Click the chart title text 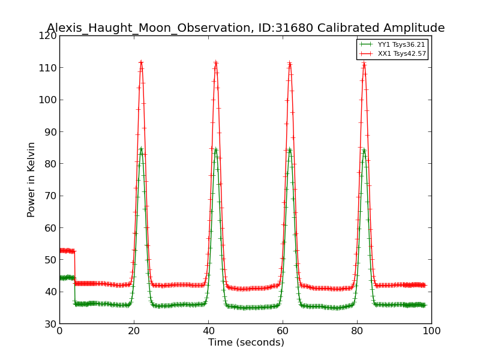coord(245,28)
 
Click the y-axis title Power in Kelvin coord(32,179)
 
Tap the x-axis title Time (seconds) coord(246,343)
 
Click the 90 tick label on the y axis coord(50,132)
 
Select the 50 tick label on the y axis coord(50,260)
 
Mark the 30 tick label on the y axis coord(50,324)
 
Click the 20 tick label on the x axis coord(134,331)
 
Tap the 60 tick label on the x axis coord(283,331)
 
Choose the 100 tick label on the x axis coord(431,331)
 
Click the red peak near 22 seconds coord(141,62)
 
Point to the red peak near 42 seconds coord(215,62)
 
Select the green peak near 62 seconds coord(290,149)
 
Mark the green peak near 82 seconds coord(364,149)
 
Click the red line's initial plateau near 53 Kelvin coord(67,251)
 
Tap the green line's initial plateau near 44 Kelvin coord(67,278)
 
